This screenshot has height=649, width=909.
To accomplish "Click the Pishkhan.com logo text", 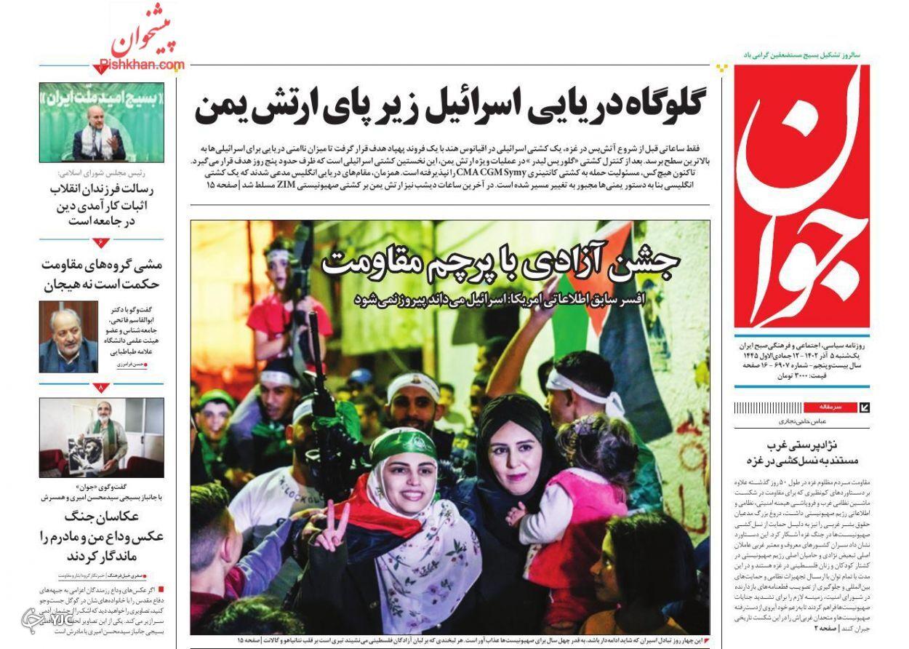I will [x=148, y=65].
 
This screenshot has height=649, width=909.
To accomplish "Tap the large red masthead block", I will [x=801, y=196].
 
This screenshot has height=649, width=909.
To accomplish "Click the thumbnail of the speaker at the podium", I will [x=101, y=122].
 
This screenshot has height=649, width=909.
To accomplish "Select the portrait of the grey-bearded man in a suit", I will [x=68, y=337].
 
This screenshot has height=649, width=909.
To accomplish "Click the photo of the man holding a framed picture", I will [x=101, y=437].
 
